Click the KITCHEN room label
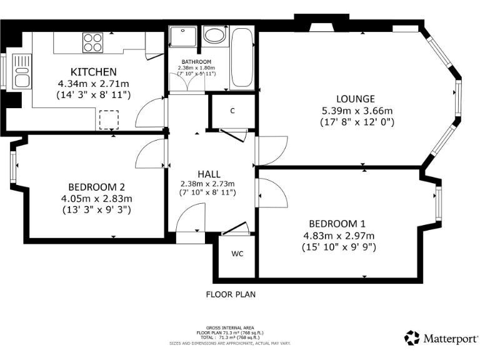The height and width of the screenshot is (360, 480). point(93,71)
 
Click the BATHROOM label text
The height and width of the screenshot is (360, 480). point(197,62)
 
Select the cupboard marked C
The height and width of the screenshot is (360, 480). point(232,111)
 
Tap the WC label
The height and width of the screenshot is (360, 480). point(237,254)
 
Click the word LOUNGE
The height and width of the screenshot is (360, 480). point(355,99)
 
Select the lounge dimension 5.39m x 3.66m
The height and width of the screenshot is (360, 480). point(355,111)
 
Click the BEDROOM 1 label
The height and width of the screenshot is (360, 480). point(337,224)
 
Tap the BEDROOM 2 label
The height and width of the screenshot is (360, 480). point(97,187)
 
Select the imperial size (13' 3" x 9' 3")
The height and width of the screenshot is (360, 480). point(97,211)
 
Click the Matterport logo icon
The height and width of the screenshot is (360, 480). point(412,338)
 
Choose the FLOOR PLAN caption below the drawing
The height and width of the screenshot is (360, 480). point(231,294)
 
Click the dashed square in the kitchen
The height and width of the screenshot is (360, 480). point(109,119)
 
